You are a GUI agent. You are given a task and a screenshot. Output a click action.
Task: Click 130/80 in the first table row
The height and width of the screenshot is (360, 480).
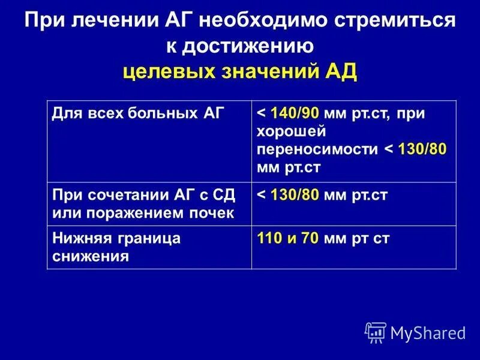pos(422,149)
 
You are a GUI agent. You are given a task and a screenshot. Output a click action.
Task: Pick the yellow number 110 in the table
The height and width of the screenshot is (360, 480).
pos(269,238)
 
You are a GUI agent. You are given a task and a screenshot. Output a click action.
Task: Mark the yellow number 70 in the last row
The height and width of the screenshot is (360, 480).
pos(310,238)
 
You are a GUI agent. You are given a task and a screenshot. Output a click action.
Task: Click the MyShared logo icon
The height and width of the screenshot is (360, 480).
pos(376,332)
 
